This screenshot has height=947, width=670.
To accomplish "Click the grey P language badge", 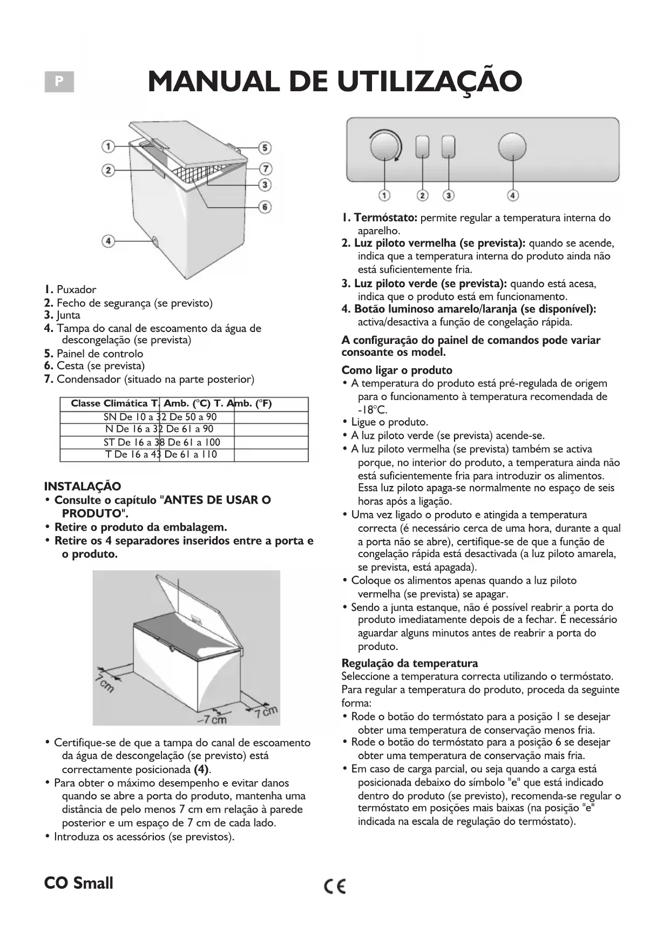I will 59,82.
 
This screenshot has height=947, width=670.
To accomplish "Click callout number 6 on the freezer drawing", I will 265,206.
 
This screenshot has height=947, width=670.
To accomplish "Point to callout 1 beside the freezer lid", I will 109,146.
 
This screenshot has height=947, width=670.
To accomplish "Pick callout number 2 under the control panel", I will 423,195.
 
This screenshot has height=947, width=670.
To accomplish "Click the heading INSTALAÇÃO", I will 83,486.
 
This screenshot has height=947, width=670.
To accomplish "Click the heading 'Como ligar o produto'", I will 397,370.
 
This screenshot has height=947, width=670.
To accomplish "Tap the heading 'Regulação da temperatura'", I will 410,663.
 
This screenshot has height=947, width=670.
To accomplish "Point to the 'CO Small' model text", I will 79,883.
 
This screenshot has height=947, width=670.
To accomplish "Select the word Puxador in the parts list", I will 76,289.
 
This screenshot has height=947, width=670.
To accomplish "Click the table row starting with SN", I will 160,417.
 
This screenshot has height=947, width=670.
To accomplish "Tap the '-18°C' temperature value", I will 372,409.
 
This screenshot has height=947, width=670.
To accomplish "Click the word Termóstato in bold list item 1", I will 385,218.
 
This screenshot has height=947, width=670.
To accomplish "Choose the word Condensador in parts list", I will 89,379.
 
